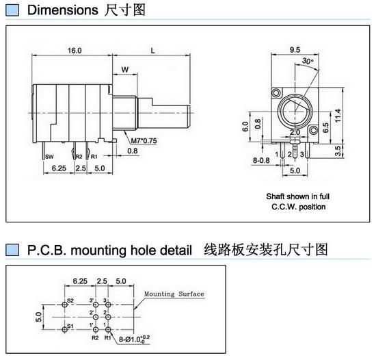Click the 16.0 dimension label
point(75,51)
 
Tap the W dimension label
point(124,70)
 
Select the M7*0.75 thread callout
point(144,141)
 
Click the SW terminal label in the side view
point(49,157)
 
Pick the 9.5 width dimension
point(295,50)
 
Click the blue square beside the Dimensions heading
point(11,11)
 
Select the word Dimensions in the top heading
point(63,11)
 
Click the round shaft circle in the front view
point(295,111)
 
